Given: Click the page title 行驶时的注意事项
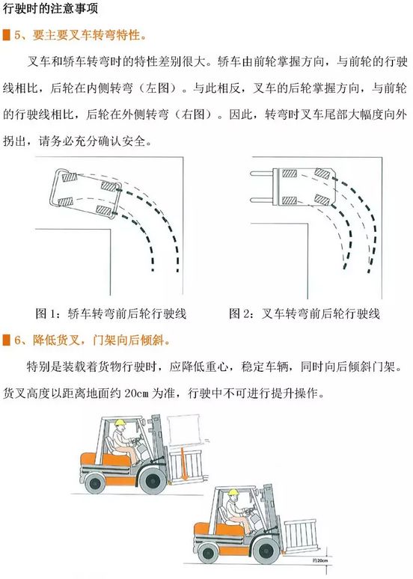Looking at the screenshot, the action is pos(51,8).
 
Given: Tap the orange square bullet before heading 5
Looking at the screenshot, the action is pos(6,35).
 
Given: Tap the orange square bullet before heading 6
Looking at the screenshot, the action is pos(6,340).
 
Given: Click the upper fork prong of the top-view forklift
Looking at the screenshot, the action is pos(262,174).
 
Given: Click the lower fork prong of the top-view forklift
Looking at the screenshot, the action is pos(262,200).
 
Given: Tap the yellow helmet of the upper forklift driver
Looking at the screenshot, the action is pos(120,423).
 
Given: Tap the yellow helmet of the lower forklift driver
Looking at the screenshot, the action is pos(233,492).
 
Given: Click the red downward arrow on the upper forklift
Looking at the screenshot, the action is pos(184,463).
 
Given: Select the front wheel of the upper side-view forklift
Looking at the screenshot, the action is pos(153,480).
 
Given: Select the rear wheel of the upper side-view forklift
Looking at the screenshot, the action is pos(95,482).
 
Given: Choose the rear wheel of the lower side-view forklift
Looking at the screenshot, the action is pos(208,553).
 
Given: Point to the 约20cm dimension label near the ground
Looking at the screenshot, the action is pos(320,560).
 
